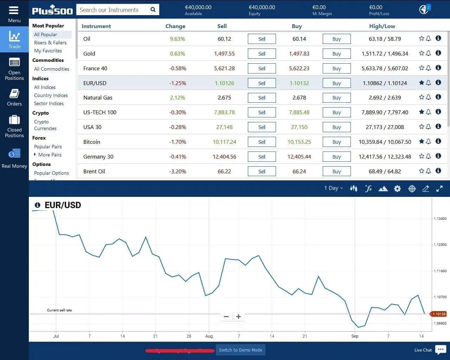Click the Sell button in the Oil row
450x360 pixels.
click(x=262, y=39)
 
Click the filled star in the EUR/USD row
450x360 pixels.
click(x=422, y=83)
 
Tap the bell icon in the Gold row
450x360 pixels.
click(x=428, y=53)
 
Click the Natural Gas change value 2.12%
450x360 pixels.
click(x=177, y=98)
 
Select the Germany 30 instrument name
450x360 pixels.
click(x=98, y=157)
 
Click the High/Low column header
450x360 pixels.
click(x=382, y=26)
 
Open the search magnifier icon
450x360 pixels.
click(x=153, y=10)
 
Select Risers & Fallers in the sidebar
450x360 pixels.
click(x=50, y=43)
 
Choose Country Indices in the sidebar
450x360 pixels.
click(x=51, y=95)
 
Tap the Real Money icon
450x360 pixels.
click(x=14, y=154)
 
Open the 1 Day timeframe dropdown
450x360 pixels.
click(x=333, y=188)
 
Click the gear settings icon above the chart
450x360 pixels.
click(x=397, y=189)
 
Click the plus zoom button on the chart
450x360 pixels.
click(x=238, y=317)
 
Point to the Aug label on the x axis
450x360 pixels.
click(x=209, y=336)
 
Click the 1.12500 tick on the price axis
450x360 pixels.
click(x=440, y=245)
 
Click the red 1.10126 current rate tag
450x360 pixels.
click(x=438, y=314)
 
